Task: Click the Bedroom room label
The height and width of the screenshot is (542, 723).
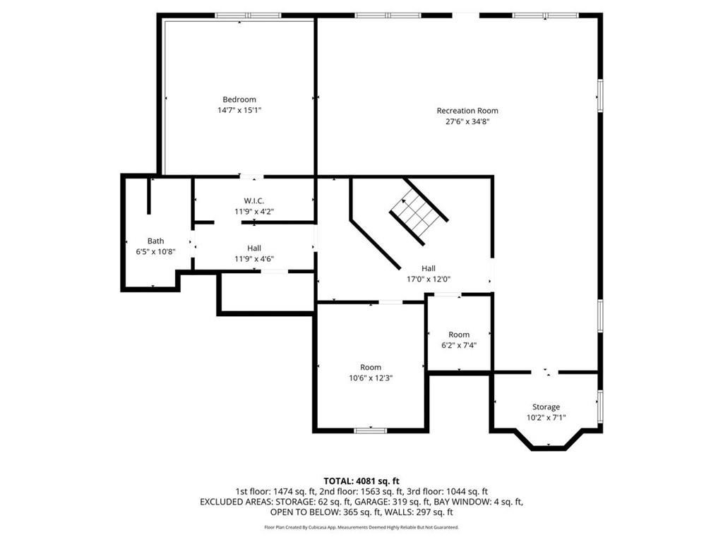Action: (239, 100)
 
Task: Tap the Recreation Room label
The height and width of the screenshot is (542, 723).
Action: (467, 111)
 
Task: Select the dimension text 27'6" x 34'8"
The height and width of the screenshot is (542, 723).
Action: (467, 121)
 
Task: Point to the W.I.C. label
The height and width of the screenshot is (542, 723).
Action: (254, 201)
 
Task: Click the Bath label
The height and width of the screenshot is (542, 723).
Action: (155, 241)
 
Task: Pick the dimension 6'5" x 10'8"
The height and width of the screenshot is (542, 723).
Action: (155, 251)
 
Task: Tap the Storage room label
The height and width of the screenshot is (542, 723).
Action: (546, 406)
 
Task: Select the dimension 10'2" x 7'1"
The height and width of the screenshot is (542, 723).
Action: (546, 417)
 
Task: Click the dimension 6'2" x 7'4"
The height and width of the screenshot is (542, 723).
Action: (459, 345)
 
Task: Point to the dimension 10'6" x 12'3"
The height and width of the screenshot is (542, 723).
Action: (371, 378)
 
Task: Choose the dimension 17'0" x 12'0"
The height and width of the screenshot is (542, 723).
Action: (429, 279)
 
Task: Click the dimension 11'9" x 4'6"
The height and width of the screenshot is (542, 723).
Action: (254, 258)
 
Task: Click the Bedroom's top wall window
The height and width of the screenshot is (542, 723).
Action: (248, 16)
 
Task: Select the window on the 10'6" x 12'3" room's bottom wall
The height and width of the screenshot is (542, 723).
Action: (370, 430)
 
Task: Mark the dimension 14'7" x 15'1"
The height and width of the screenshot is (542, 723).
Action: (239, 110)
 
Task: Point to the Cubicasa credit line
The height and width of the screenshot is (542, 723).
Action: (361, 527)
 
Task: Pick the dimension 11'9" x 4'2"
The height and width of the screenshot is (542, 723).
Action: (254, 212)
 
